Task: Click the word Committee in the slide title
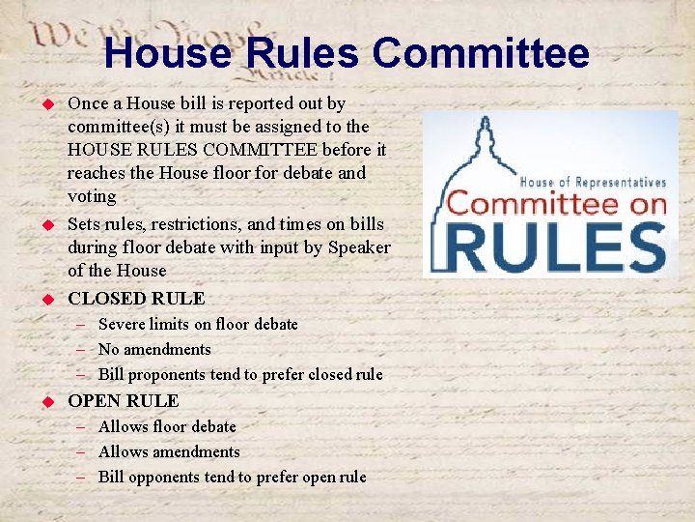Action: pyautogui.click(x=480, y=53)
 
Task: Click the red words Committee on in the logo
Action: pyautogui.click(x=555, y=204)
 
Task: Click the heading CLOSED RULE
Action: pyautogui.click(x=136, y=298)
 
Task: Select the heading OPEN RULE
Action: pyautogui.click(x=123, y=400)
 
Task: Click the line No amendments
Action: pyautogui.click(x=154, y=349)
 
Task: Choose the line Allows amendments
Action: pyautogui.click(x=169, y=451)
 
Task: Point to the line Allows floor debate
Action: pyautogui.click(x=167, y=426)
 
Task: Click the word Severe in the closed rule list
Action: pyautogui.click(x=122, y=324)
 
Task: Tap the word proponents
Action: pyautogui.click(x=168, y=374)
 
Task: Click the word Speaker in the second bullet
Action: pyautogui.click(x=359, y=247)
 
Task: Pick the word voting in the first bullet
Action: pyautogui.click(x=92, y=196)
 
